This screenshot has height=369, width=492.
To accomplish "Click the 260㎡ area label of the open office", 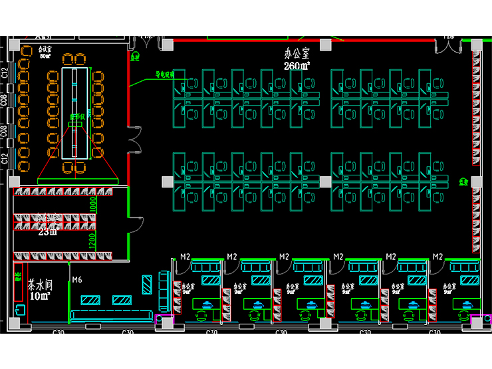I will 297,66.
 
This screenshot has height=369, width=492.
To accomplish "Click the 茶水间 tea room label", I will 39,284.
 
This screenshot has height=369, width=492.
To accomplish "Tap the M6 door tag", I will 76,279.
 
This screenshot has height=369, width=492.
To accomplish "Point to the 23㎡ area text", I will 47,231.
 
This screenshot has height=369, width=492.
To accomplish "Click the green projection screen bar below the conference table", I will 78,180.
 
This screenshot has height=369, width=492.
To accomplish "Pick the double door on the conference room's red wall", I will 135,137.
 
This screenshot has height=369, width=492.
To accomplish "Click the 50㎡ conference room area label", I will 45,56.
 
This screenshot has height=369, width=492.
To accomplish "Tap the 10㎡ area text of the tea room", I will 38,296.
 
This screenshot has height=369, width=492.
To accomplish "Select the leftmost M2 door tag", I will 185,257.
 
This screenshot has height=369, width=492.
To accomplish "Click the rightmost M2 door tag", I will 437,257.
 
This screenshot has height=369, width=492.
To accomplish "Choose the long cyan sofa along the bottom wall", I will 112,314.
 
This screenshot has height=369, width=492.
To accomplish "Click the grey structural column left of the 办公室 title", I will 168,45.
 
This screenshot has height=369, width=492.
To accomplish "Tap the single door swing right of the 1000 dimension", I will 136,225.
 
